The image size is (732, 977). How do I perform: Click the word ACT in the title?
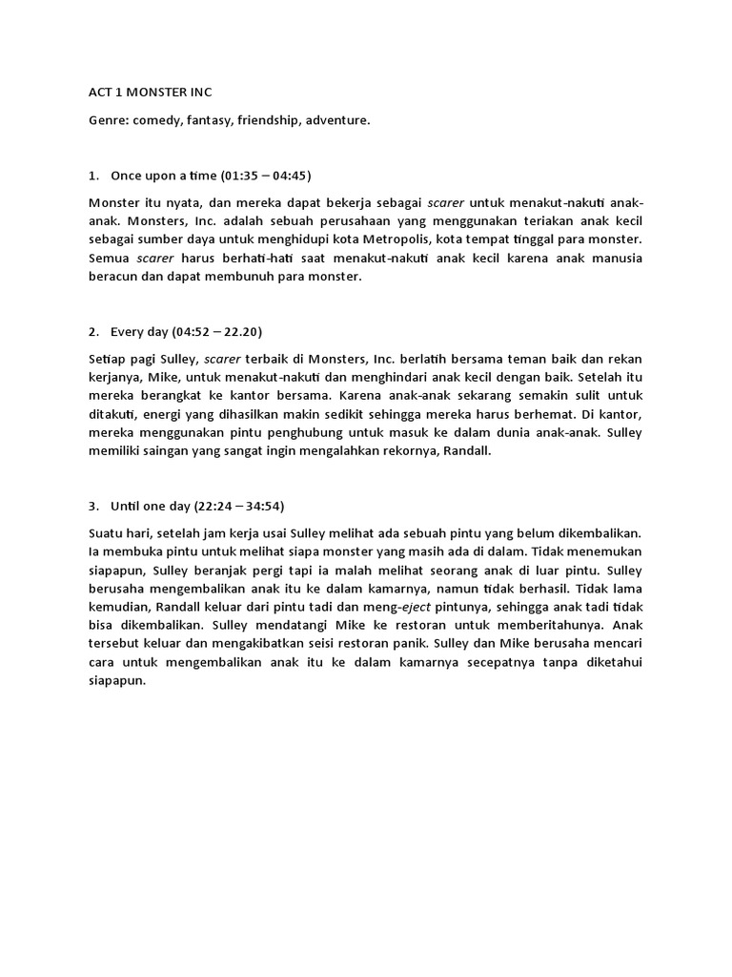tap(100, 93)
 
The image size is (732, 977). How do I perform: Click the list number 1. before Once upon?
tap(93, 176)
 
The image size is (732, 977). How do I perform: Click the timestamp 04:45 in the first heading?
tap(290, 176)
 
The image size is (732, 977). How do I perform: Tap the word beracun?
tap(115, 277)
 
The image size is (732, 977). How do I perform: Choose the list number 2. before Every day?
tap(93, 331)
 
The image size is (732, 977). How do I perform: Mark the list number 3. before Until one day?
tap(93, 505)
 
